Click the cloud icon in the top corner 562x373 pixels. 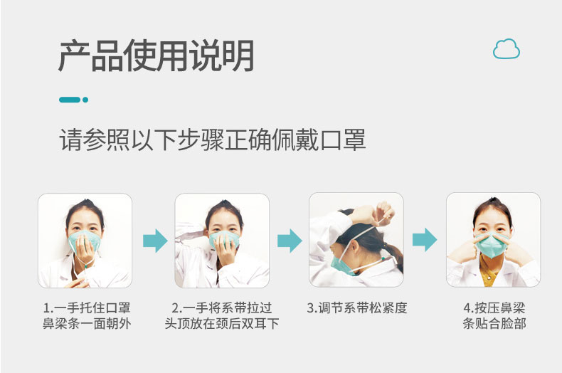click(506, 49)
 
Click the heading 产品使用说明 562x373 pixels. click(157, 56)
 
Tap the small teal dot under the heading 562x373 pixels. click(85, 100)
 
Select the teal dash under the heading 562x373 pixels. click(70, 100)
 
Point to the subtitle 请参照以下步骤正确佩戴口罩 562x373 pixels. click(212, 140)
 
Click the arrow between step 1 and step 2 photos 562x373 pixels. click(155, 241)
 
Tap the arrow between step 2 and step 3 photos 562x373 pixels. click(290, 241)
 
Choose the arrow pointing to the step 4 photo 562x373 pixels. click(425, 240)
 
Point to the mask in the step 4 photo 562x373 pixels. click(492, 245)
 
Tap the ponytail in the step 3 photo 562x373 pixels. click(393, 256)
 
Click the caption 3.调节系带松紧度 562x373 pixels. click(357, 308)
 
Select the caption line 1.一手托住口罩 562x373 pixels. click(87, 308)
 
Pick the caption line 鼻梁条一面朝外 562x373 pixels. click(87, 323)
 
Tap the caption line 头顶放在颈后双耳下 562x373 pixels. click(222, 323)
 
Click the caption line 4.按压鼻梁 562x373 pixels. click(494, 308)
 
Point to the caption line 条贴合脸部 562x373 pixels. click(494, 323)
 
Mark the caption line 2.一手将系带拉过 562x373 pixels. click(222, 308)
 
